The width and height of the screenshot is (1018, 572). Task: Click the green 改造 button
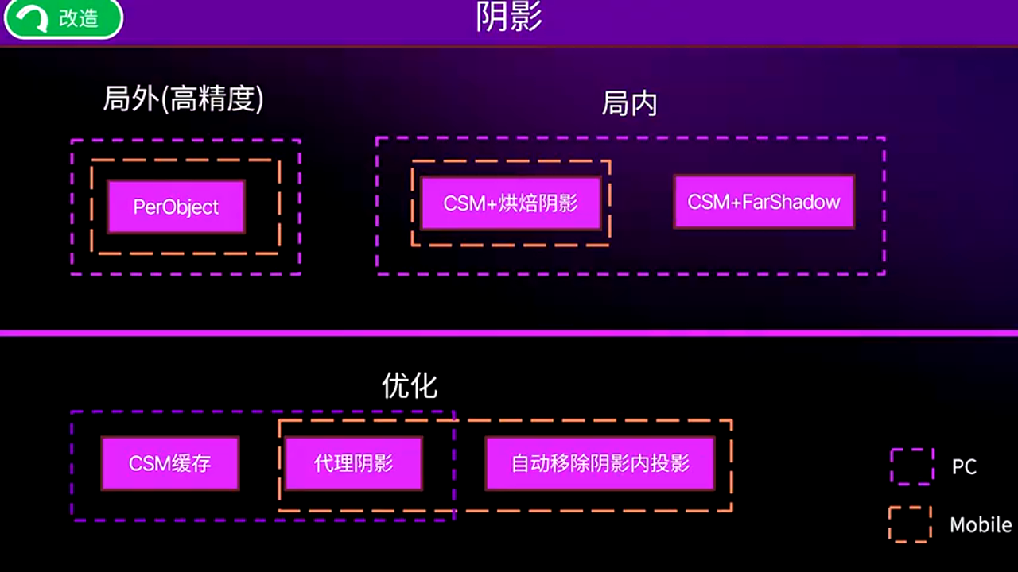pyautogui.click(x=63, y=18)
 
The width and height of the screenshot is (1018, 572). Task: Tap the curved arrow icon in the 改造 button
pyautogui.click(x=31, y=19)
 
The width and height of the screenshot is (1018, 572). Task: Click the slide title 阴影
pyautogui.click(x=509, y=17)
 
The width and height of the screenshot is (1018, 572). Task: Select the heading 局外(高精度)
pyautogui.click(x=184, y=99)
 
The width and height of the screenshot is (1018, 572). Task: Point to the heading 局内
pyautogui.click(x=629, y=104)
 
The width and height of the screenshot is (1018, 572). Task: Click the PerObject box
pyautogui.click(x=176, y=207)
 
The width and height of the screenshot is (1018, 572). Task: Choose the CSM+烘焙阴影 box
pyautogui.click(x=511, y=203)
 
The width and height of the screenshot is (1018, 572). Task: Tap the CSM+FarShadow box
pyautogui.click(x=763, y=202)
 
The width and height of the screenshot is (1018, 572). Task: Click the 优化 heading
pyautogui.click(x=410, y=386)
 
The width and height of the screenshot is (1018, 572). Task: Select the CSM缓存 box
pyautogui.click(x=170, y=463)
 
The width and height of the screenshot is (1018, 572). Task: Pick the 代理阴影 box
pyautogui.click(x=354, y=463)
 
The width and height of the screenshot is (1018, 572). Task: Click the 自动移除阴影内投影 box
pyautogui.click(x=600, y=463)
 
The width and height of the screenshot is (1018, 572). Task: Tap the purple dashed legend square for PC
pyautogui.click(x=911, y=466)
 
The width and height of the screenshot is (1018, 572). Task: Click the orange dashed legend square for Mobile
pyautogui.click(x=910, y=525)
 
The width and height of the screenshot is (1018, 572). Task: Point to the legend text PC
pyautogui.click(x=964, y=467)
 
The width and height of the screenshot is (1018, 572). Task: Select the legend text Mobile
pyautogui.click(x=980, y=525)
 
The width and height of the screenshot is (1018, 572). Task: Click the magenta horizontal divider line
pyautogui.click(x=509, y=333)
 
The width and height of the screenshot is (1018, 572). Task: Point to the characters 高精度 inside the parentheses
pyautogui.click(x=213, y=99)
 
